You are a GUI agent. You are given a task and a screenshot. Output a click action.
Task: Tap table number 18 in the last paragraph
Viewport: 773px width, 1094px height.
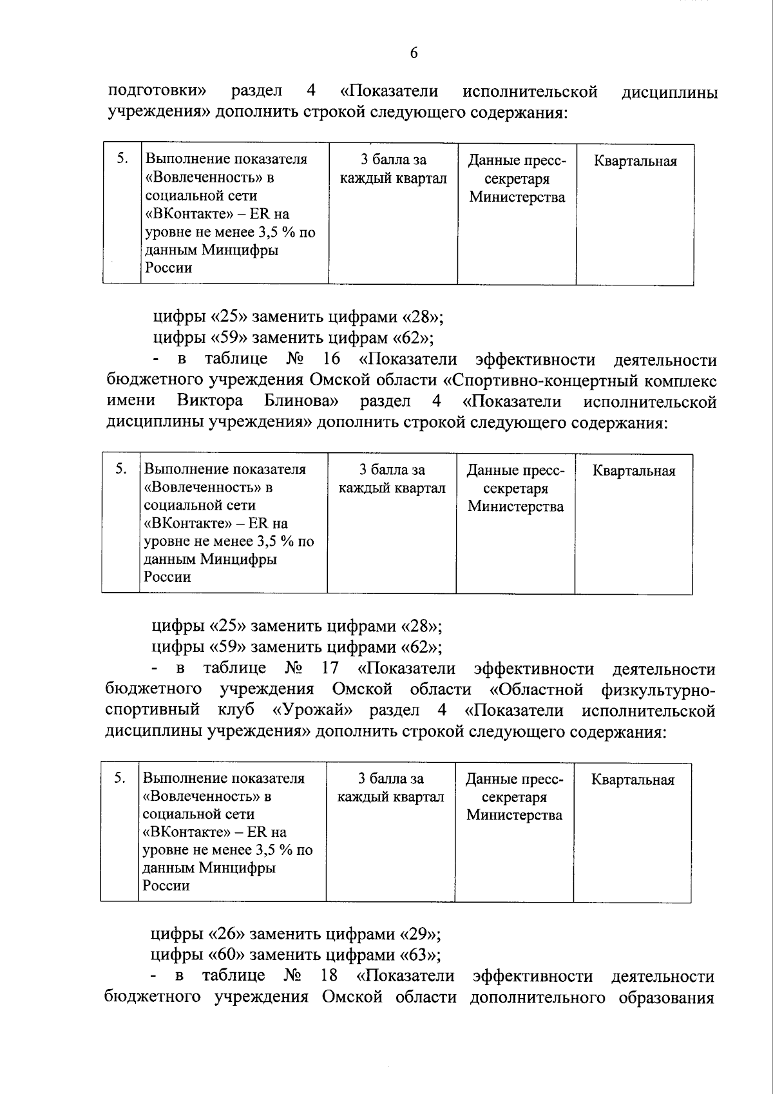[329, 975]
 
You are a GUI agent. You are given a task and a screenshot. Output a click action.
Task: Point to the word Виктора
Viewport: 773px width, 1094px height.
[210, 401]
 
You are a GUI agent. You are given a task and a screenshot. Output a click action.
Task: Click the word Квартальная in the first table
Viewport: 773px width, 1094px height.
[635, 161]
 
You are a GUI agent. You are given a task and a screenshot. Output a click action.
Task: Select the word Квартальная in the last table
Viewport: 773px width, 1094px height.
[633, 780]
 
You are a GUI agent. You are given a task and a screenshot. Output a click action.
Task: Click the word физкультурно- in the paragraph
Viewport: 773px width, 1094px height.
[657, 690]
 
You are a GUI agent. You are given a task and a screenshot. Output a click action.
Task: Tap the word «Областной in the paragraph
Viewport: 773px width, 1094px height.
[536, 689]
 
